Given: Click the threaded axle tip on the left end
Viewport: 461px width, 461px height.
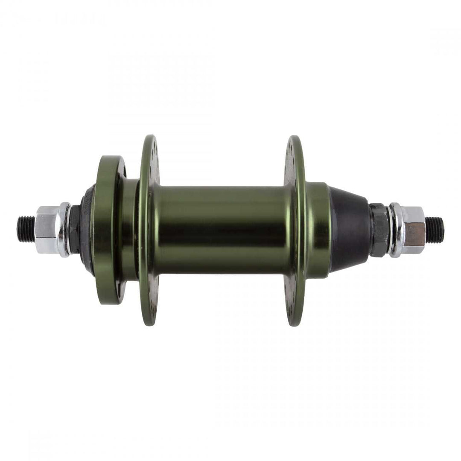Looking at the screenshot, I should (x=25, y=229).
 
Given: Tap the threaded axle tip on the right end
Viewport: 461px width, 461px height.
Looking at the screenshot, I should (x=435, y=230).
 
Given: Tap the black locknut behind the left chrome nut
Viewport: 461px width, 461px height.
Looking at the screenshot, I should (x=74, y=229).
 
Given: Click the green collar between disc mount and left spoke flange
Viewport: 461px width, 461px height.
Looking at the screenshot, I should (x=129, y=230).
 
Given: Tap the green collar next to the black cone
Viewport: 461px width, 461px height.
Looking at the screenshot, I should (x=318, y=230).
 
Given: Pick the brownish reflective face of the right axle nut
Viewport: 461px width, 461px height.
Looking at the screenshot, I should (x=415, y=235).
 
